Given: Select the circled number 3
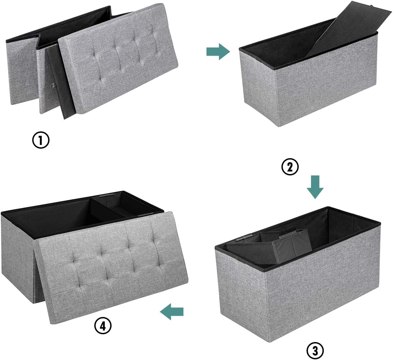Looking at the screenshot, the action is pos(315,351).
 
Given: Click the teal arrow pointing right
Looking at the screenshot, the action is pos(218,51).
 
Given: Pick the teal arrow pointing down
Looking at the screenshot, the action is pos(315,187).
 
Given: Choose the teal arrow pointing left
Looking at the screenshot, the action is pos(172,312).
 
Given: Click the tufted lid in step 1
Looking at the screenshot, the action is pos(118,60).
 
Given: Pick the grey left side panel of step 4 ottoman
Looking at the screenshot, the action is pos(19,258).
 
